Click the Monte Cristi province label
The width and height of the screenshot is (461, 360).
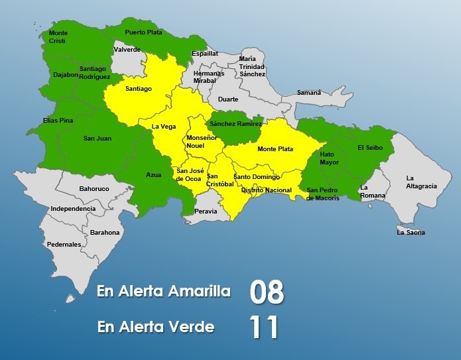click(58, 36)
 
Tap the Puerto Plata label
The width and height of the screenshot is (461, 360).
click(143, 31)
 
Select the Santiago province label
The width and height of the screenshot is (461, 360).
click(138, 88)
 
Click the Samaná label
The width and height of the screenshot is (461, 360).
click(308, 92)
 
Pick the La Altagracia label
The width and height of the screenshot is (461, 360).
click(421, 182)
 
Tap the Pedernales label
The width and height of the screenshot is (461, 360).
click(64, 245)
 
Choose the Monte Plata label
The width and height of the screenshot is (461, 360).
click(275, 149)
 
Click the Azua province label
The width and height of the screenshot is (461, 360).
click(153, 175)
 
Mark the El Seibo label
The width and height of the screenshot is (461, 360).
click(369, 147)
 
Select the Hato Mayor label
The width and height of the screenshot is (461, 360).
click(329, 158)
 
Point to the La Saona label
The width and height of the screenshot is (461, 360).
click(411, 233)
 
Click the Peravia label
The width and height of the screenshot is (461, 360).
click(206, 211)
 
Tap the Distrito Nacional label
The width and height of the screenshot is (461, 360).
click(266, 190)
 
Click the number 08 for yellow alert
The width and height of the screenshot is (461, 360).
click(267, 292)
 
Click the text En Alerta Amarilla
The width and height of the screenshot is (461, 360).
click(164, 292)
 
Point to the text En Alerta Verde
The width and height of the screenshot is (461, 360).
click(155, 327)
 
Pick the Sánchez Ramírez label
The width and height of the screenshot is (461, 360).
click(235, 124)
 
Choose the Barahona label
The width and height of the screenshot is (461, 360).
click(105, 233)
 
